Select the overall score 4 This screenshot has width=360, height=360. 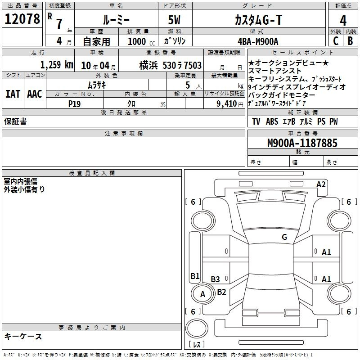click(x=343, y=20)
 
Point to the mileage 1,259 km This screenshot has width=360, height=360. click(x=56, y=65)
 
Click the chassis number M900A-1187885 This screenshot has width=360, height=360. click(x=302, y=144)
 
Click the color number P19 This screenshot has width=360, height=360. click(x=75, y=103)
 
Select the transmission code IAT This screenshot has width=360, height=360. click(x=13, y=94)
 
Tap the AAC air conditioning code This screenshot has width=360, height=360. click(x=35, y=94)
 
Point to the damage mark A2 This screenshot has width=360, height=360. click(x=321, y=184)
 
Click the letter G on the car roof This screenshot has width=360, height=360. click(x=284, y=237)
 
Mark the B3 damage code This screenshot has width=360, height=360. click(x=215, y=279)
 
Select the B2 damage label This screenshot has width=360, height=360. click(x=221, y=292)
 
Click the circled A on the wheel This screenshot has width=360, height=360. click(x=202, y=294)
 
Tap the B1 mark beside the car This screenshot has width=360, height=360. click(x=195, y=276)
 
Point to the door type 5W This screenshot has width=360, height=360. click(x=176, y=20)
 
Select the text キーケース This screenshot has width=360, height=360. click(x=23, y=336)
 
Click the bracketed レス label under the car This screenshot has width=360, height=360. click(x=197, y=345)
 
